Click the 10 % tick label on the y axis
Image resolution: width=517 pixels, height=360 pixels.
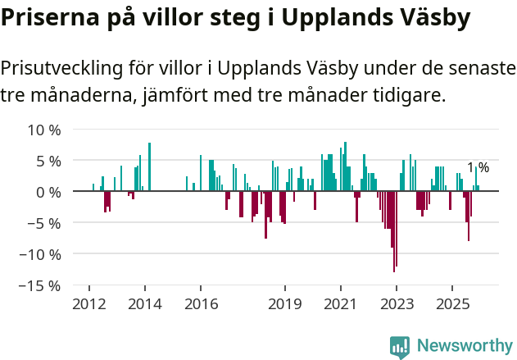pos(44,130)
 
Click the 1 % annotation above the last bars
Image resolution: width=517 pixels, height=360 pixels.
pos(478,168)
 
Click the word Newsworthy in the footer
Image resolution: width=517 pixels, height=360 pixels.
pos(465,346)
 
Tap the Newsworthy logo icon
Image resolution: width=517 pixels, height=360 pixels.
pos(400,347)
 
